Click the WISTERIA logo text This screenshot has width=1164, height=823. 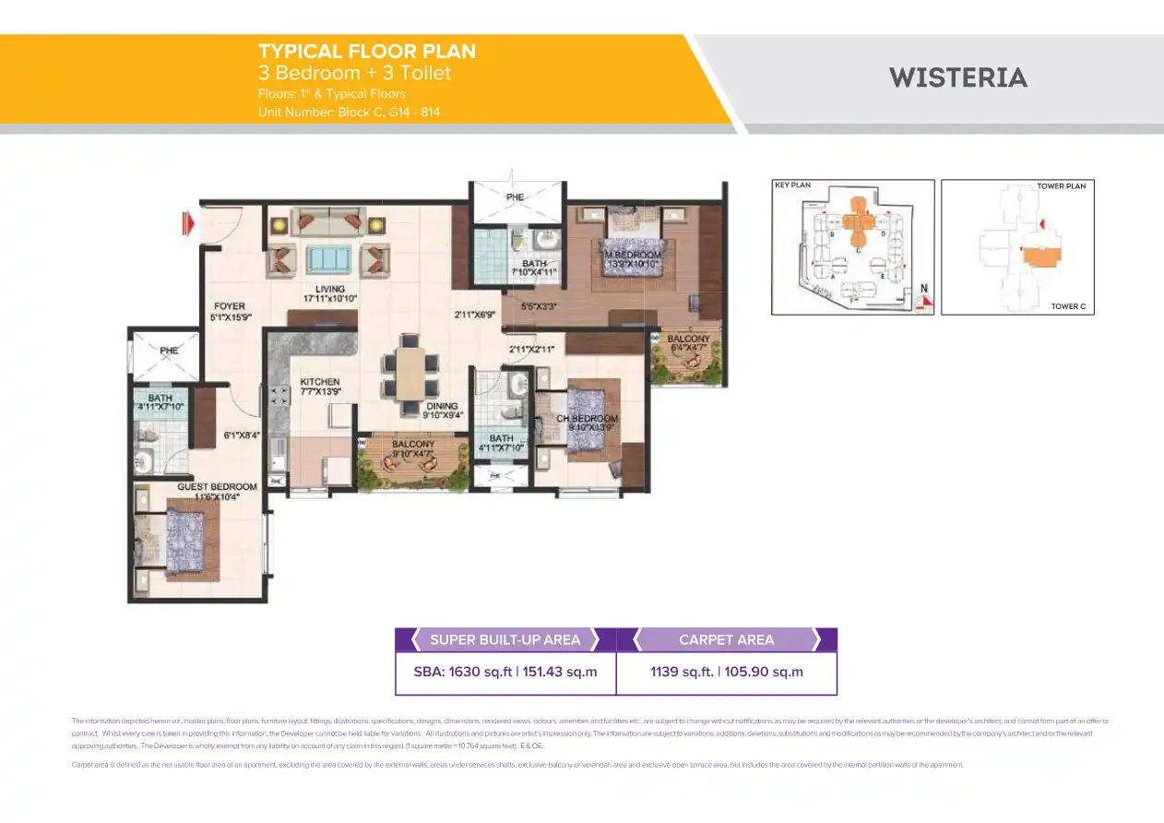958,78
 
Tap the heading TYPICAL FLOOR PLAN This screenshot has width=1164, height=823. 367,52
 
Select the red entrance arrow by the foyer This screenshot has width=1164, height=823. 189,222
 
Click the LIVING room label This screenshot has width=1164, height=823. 329,289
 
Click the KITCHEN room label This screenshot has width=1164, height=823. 320,381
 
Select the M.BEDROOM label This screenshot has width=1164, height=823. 634,255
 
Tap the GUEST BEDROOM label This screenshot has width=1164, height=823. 218,486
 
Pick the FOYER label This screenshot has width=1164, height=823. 229,306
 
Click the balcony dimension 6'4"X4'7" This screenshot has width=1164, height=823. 689,350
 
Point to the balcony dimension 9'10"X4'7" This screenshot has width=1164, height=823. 413,454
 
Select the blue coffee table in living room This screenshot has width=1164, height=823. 328,257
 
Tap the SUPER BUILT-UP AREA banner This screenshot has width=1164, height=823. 505,639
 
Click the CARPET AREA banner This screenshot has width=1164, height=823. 726,639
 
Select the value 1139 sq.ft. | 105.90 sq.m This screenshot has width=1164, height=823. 726,672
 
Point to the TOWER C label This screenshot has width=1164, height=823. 1068,306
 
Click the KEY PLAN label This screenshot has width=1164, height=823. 792,185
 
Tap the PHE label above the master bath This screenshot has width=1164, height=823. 514,197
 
